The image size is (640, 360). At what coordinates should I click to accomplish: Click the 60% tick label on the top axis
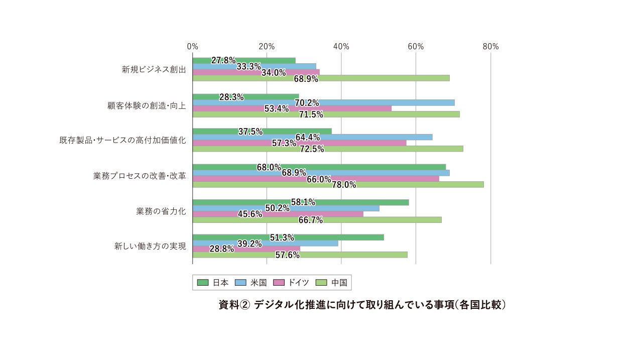click(416, 47)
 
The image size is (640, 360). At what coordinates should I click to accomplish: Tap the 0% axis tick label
click(192, 47)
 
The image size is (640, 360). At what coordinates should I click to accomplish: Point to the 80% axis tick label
click(490, 47)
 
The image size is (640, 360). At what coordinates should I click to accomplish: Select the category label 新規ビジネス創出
click(154, 69)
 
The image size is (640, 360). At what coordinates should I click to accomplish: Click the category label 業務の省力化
click(161, 211)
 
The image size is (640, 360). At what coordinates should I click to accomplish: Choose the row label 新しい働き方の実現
click(150, 246)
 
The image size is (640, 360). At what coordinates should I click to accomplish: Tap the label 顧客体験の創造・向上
click(147, 105)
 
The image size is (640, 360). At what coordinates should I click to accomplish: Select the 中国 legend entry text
click(339, 283)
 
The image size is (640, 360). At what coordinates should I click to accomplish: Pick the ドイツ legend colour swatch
click(279, 283)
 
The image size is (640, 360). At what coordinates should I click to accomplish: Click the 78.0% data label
click(344, 185)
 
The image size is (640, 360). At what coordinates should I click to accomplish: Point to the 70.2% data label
click(307, 103)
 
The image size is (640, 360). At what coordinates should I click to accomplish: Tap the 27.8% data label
click(223, 60)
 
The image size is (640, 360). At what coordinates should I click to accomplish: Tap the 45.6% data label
click(250, 214)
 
